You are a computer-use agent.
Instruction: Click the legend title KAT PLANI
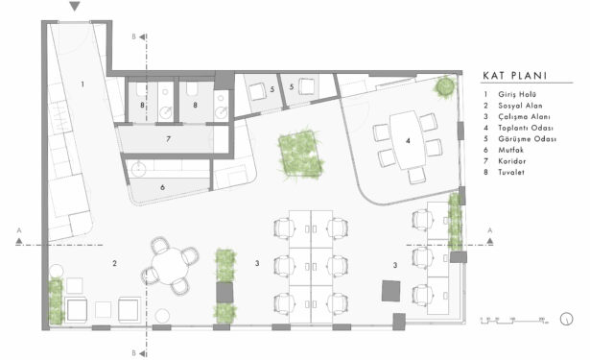(x=516, y=75)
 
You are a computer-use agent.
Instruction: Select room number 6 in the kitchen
(x=161, y=186)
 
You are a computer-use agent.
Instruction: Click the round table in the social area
(x=169, y=265)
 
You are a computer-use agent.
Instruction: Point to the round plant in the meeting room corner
(x=444, y=87)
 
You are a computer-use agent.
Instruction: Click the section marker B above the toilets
(x=133, y=36)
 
